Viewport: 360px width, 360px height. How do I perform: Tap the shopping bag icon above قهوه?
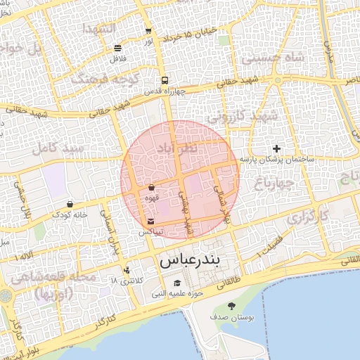152,188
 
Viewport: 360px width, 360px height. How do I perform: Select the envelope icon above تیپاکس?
151,221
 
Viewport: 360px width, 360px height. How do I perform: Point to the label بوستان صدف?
232,318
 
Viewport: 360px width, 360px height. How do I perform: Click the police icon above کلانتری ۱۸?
127,270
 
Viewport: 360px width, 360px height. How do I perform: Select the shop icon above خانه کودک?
70,204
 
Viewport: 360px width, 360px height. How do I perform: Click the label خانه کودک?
70,214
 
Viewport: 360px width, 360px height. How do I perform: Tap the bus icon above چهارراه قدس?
164,80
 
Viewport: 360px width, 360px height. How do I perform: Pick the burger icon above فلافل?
117,49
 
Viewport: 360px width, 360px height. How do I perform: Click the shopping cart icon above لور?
148,32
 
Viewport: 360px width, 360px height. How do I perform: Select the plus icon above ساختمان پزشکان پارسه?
277,149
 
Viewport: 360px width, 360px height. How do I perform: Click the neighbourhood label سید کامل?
52,150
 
